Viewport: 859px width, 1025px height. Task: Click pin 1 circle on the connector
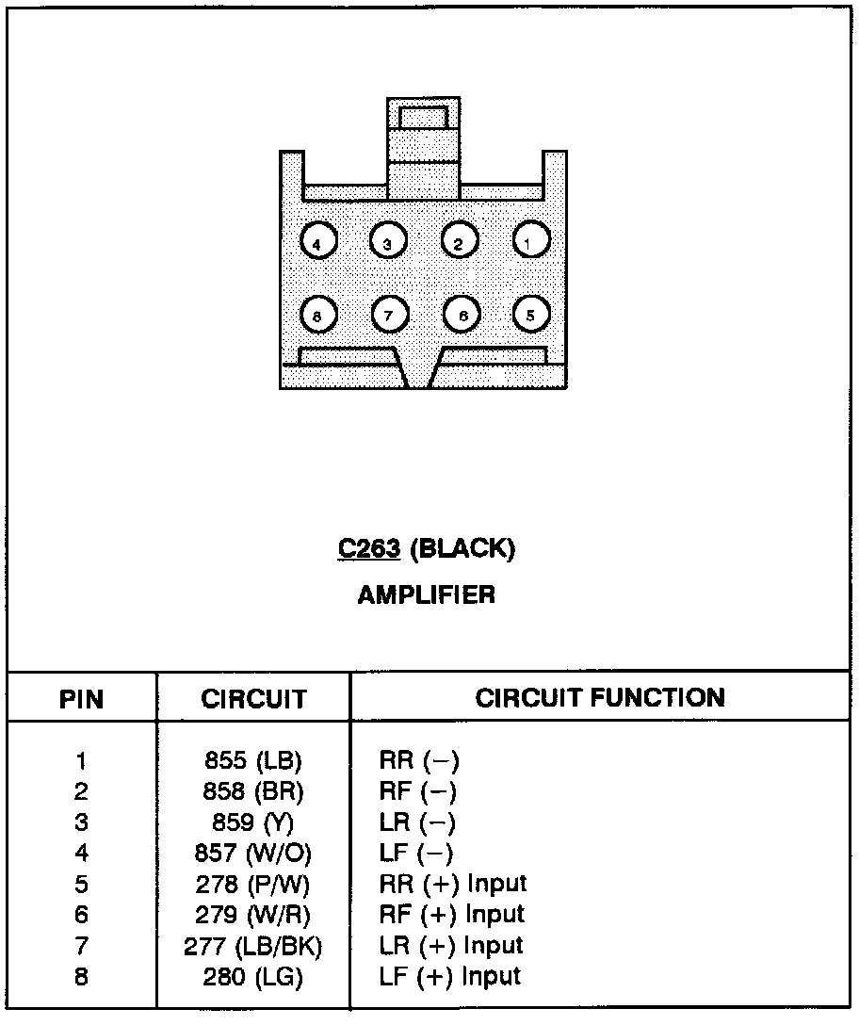click(x=530, y=242)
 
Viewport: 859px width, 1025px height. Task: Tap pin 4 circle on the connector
click(x=317, y=243)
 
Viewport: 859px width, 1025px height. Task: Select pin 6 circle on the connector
click(x=462, y=315)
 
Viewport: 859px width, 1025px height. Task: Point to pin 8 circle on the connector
click(x=317, y=316)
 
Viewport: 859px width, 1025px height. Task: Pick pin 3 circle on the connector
click(x=387, y=242)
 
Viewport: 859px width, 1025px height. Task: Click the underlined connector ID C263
click(x=369, y=549)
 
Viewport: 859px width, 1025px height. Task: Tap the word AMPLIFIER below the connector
click(x=427, y=594)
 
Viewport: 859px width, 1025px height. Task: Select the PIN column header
click(x=82, y=699)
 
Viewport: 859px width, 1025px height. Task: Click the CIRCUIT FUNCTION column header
click(x=600, y=698)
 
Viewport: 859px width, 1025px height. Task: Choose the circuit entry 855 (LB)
click(x=253, y=760)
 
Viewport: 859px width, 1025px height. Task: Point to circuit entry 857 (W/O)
click(x=253, y=854)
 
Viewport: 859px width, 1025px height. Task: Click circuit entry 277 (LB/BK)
click(x=253, y=947)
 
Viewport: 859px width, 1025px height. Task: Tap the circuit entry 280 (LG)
click(x=253, y=978)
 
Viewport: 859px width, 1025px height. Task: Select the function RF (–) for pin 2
click(x=418, y=791)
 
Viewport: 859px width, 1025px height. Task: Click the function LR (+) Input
click(x=451, y=946)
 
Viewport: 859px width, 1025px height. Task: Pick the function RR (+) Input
click(x=452, y=884)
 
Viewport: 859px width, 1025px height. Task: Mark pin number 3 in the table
click(x=81, y=822)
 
